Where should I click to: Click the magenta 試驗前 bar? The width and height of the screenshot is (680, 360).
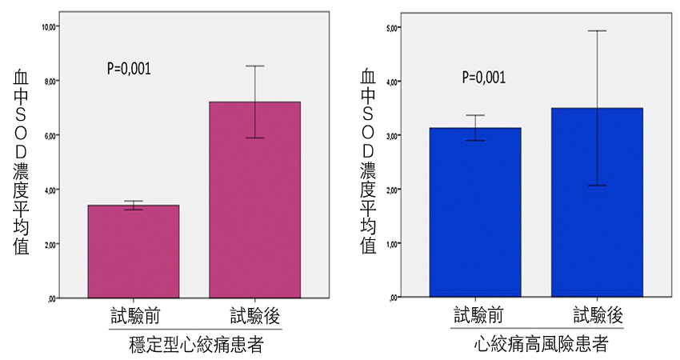133,252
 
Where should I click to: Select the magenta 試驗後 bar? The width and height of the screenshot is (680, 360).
254,200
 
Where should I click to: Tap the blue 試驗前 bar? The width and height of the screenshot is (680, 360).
475,213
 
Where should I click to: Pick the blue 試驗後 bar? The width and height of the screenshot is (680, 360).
597,203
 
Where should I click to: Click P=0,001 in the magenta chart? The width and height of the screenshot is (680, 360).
129,69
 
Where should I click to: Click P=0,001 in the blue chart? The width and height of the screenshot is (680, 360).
484,78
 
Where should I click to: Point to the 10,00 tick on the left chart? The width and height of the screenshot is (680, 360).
50,26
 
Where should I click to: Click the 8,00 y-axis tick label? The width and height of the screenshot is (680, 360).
51,81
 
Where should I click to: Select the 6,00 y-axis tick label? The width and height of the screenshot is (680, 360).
51,135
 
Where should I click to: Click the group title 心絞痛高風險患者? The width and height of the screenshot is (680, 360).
540,345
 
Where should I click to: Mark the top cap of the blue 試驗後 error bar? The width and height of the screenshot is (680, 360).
597,30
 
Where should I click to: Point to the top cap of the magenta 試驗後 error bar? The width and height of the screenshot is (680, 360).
254,66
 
